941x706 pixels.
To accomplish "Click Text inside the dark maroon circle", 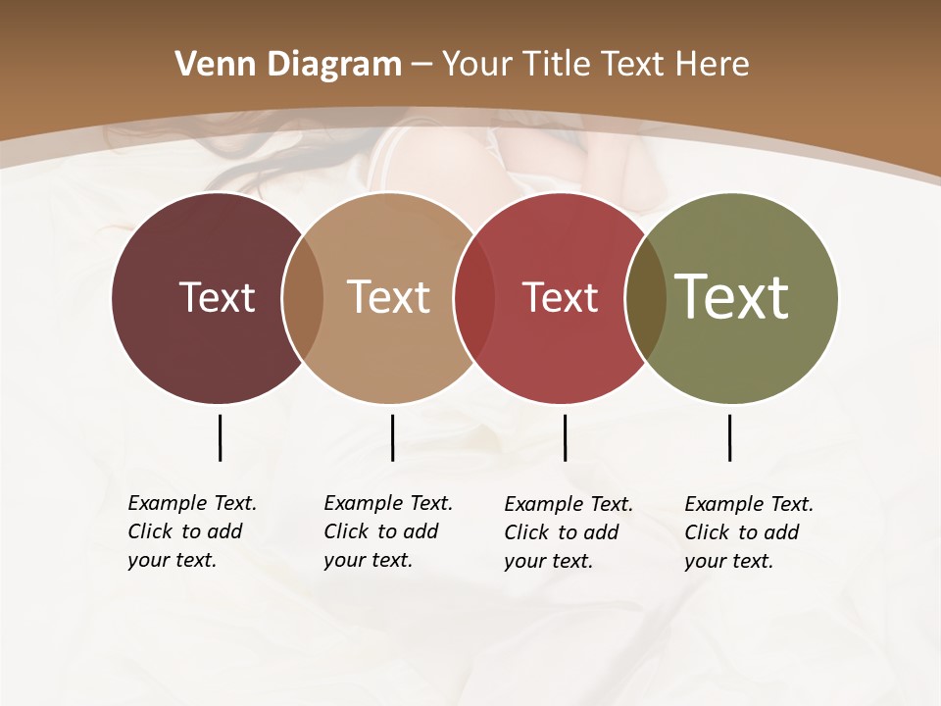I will point(217,297).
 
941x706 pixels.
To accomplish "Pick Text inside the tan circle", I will point(388,297).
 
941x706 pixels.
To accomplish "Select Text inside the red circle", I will point(560,297).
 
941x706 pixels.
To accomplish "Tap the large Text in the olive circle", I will point(732,296).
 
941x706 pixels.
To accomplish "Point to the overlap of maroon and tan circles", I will point(303,297).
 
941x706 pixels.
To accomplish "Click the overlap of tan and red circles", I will point(474,297).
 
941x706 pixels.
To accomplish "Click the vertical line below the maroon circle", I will point(220,437).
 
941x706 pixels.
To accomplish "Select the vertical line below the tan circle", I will point(392,437).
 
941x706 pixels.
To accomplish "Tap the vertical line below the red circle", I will point(565,437).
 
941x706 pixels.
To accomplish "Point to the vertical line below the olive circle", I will point(729,437).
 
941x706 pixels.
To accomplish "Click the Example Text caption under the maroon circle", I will point(192,531).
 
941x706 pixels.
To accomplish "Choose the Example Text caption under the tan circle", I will point(388,531).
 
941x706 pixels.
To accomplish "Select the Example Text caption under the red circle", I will point(569,532).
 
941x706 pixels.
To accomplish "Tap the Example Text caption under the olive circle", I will point(749,532).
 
